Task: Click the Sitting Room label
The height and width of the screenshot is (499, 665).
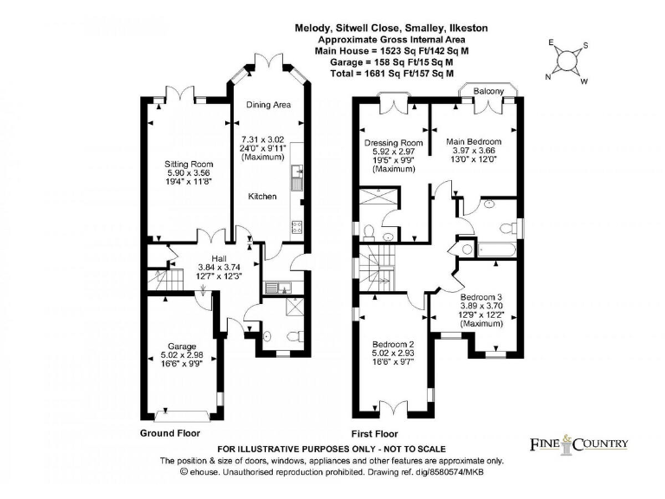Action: click(x=190, y=163)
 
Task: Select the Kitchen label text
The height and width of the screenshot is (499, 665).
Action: click(x=262, y=197)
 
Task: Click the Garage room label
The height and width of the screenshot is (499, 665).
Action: click(x=182, y=346)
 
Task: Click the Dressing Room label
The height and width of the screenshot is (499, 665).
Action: click(x=393, y=142)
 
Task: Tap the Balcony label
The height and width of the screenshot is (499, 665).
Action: click(x=488, y=89)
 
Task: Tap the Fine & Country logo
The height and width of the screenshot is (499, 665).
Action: click(x=578, y=444)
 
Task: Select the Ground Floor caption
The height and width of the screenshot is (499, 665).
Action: click(x=170, y=432)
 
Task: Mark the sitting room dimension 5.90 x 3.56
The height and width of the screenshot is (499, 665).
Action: click(x=190, y=172)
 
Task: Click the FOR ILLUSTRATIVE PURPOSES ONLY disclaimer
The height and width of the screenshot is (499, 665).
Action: click(x=332, y=449)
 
